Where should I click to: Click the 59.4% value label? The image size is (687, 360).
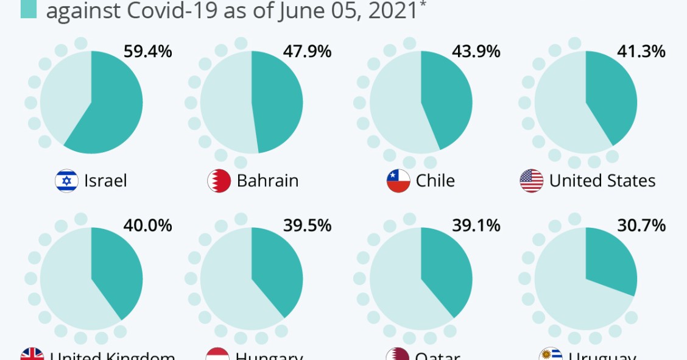[147, 52]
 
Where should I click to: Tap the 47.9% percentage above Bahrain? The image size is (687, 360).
[307, 52]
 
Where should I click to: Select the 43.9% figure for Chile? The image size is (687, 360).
[476, 52]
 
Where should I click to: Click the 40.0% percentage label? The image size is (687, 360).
[147, 225]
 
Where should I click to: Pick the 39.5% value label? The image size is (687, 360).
[307, 225]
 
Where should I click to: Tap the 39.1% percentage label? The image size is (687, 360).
[476, 225]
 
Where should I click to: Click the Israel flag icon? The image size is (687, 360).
[66, 181]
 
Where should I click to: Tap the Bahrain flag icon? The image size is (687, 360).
[219, 181]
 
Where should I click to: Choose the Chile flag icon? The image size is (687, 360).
[398, 181]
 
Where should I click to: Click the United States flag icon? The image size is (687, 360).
[532, 181]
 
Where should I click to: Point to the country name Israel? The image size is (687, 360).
[105, 181]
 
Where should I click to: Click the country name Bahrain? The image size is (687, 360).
[267, 181]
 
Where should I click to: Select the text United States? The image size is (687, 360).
[602, 181]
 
